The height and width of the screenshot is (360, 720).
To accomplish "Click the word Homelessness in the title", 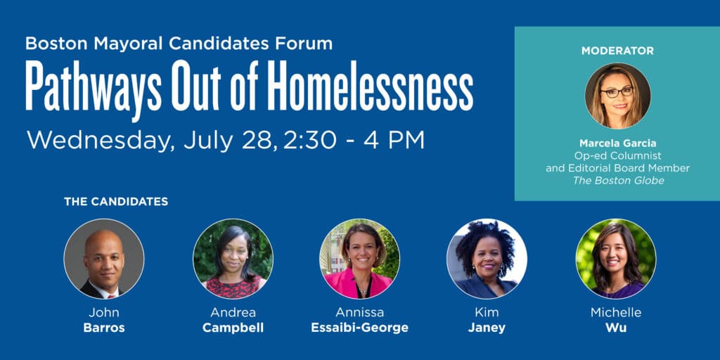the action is pos(370,86).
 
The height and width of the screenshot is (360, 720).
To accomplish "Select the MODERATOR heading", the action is pos(617,51).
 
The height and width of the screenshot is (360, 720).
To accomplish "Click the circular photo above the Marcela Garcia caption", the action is pos(617,96).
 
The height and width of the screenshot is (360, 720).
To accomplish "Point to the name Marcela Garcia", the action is pos(617,143).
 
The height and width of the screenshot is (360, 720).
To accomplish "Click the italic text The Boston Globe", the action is pos(618,181).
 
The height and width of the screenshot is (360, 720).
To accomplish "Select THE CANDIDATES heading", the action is pos(116,202).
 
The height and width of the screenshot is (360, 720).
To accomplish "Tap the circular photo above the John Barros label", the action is pos(104,259).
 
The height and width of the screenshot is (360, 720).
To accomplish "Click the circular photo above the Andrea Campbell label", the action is pos(233,259).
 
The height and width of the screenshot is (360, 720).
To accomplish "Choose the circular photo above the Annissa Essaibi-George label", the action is pos(359,259).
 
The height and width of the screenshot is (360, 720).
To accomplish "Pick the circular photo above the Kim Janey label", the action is pos(487,259).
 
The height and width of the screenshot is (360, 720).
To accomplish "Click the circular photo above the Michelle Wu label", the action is pos(616,259).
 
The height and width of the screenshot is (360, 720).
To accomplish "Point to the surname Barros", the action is pos(104,328).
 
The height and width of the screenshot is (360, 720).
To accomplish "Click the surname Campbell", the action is pos(233,328).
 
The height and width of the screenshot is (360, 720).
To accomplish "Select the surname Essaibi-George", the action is pos(359,328).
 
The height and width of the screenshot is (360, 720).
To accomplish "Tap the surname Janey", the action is pos(487,328).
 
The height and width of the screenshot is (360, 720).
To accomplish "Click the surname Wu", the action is pos(616,328).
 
